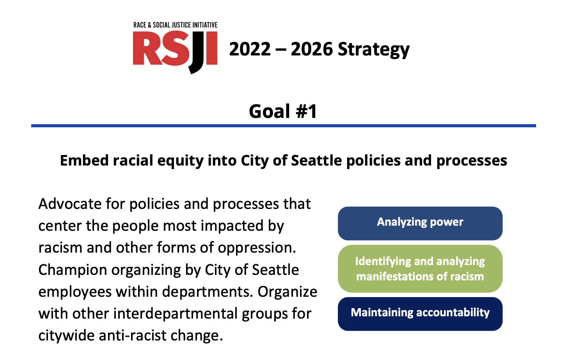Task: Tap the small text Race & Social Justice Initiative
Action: [x=175, y=25]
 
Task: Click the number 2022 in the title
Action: [x=250, y=49]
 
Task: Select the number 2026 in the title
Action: [x=312, y=49]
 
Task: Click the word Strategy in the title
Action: [x=374, y=50]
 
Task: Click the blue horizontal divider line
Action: [x=284, y=126]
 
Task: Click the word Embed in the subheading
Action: [x=84, y=160]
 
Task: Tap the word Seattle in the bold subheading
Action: [x=316, y=160]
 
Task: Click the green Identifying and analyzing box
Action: [x=420, y=269]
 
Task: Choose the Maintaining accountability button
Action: [x=420, y=314]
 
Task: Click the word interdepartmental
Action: [x=175, y=314]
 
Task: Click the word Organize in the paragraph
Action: [x=288, y=292]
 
